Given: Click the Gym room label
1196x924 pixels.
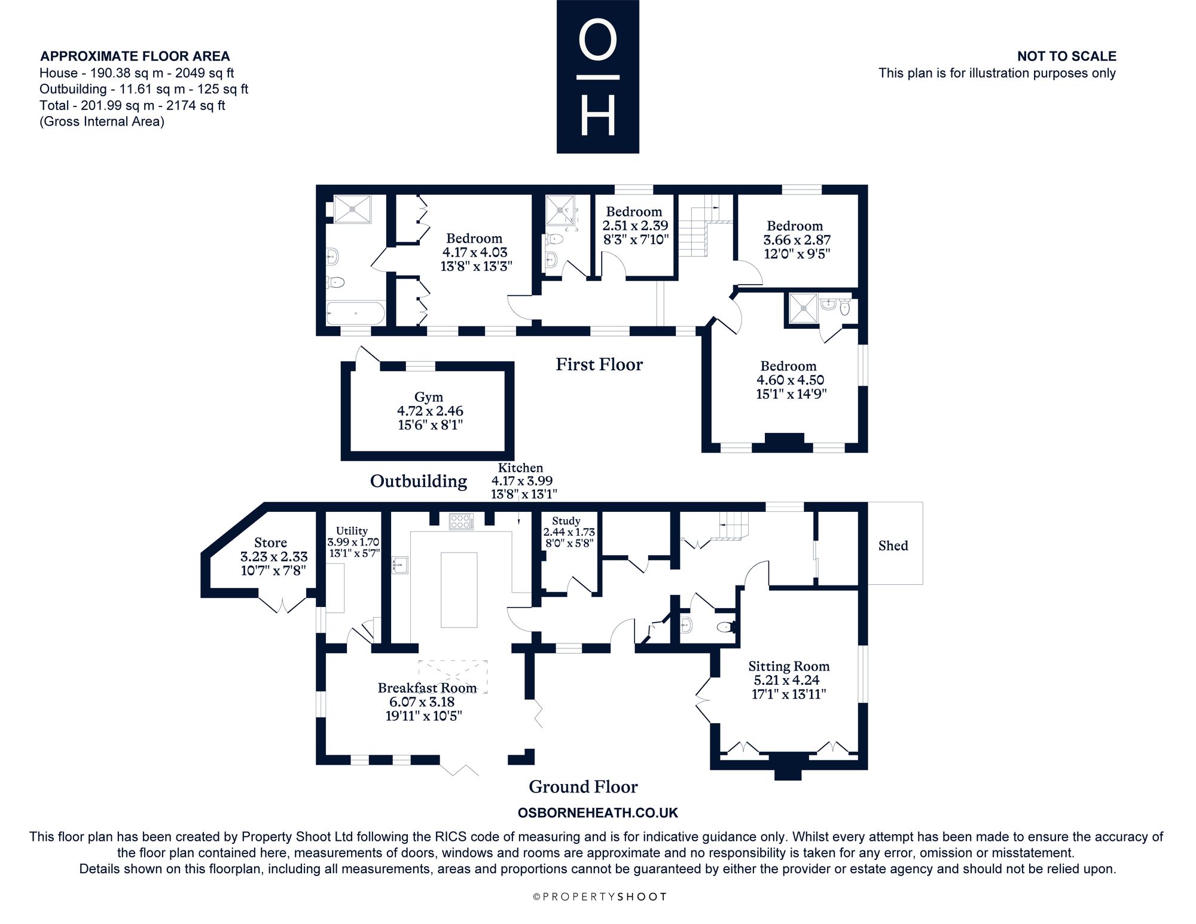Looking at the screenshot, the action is pyautogui.click(x=429, y=397).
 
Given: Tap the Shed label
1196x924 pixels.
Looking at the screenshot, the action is pyautogui.click(x=893, y=545).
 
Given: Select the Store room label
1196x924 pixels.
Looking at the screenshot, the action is pyautogui.click(x=270, y=542).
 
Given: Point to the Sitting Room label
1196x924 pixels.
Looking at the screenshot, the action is pyautogui.click(x=789, y=666).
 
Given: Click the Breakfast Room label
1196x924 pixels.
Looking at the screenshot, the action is pyautogui.click(x=428, y=688).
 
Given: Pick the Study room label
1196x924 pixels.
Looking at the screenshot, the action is pyautogui.click(x=566, y=522).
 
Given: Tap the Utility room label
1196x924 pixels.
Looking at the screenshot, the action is pyautogui.click(x=352, y=530).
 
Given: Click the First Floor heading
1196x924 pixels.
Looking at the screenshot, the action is pyautogui.click(x=599, y=364).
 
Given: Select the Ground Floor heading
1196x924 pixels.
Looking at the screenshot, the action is pyautogui.click(x=583, y=786).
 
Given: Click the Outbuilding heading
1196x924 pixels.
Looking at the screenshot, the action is pyautogui.click(x=419, y=481).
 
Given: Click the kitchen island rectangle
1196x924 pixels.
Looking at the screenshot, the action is pyautogui.click(x=459, y=590).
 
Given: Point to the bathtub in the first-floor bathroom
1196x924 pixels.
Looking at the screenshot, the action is pyautogui.click(x=356, y=313).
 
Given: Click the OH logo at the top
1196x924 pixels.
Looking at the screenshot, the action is pyautogui.click(x=598, y=77).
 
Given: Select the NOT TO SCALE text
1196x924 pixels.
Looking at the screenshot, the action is pyautogui.click(x=1067, y=56).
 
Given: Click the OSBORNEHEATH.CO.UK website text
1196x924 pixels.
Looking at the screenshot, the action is pyautogui.click(x=598, y=813).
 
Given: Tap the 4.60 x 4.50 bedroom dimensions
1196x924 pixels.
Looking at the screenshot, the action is pyautogui.click(x=791, y=380).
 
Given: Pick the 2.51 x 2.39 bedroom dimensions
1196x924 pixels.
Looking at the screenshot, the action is pyautogui.click(x=635, y=225).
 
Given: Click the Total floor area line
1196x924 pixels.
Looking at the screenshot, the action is pyautogui.click(x=132, y=105).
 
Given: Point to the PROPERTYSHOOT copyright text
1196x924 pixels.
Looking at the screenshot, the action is pyautogui.click(x=599, y=896).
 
